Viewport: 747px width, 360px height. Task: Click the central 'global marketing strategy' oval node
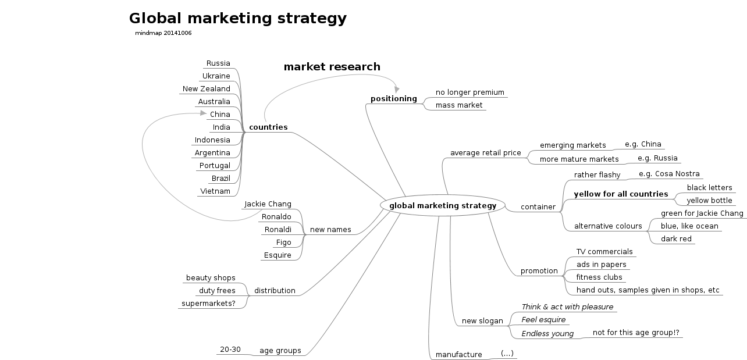[x=443, y=205]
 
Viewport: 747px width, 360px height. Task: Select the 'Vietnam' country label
[x=215, y=191]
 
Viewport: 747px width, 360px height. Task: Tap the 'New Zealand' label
[x=207, y=89]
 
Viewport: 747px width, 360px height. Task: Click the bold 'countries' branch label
[x=268, y=127]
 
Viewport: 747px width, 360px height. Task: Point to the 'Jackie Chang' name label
[x=268, y=204]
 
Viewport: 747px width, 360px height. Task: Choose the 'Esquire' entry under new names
[x=278, y=255]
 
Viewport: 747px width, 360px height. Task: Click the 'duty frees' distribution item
[x=217, y=291]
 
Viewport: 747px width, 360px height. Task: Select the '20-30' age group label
[x=230, y=350]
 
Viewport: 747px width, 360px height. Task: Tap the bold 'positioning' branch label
[x=394, y=99]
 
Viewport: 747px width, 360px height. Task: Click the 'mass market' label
[x=459, y=105]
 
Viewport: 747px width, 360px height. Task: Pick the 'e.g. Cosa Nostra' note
[x=670, y=174]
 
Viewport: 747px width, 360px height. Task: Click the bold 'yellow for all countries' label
[x=621, y=194]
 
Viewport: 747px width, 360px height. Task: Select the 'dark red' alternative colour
[x=676, y=239]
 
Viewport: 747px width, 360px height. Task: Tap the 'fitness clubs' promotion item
[x=599, y=277]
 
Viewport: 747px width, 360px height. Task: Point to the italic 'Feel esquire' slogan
[x=543, y=320]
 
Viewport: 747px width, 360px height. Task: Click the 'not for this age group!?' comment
[x=636, y=333]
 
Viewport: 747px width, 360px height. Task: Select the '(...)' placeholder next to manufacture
[x=507, y=353]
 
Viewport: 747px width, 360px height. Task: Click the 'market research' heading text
[x=332, y=67]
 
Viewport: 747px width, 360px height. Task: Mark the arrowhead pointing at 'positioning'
[x=397, y=89]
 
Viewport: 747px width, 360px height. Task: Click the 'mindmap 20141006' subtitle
[x=163, y=33]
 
